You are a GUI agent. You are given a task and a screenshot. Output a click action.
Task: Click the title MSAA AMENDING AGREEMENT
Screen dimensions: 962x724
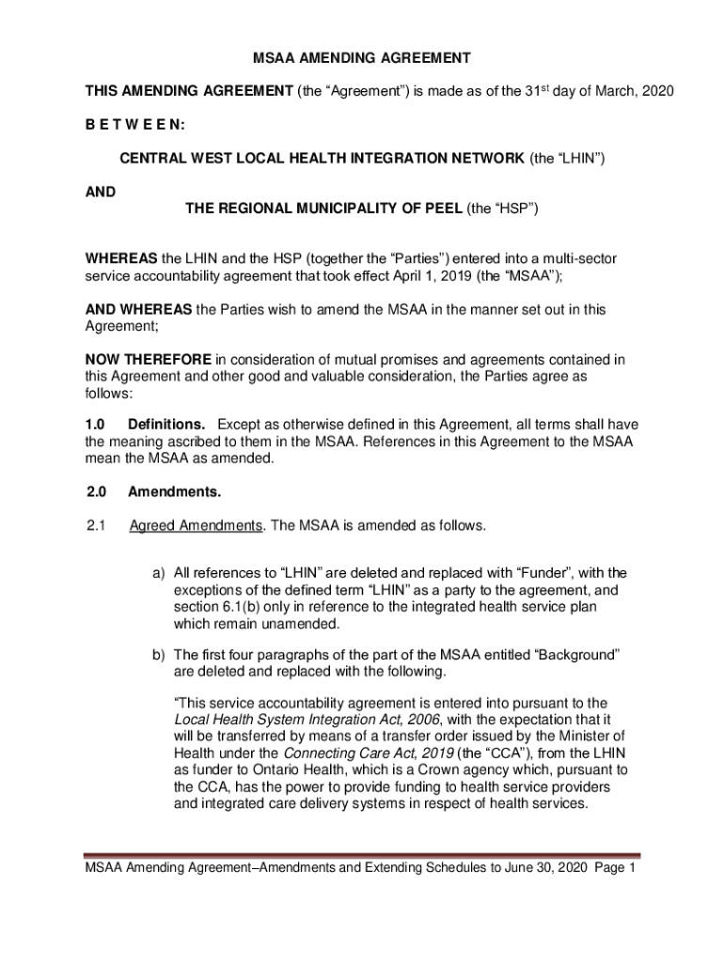[x=362, y=58]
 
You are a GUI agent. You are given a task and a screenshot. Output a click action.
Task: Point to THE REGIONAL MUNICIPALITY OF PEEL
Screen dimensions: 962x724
[x=323, y=209]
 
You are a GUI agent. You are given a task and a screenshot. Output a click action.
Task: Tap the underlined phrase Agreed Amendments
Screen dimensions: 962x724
[x=195, y=525]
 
